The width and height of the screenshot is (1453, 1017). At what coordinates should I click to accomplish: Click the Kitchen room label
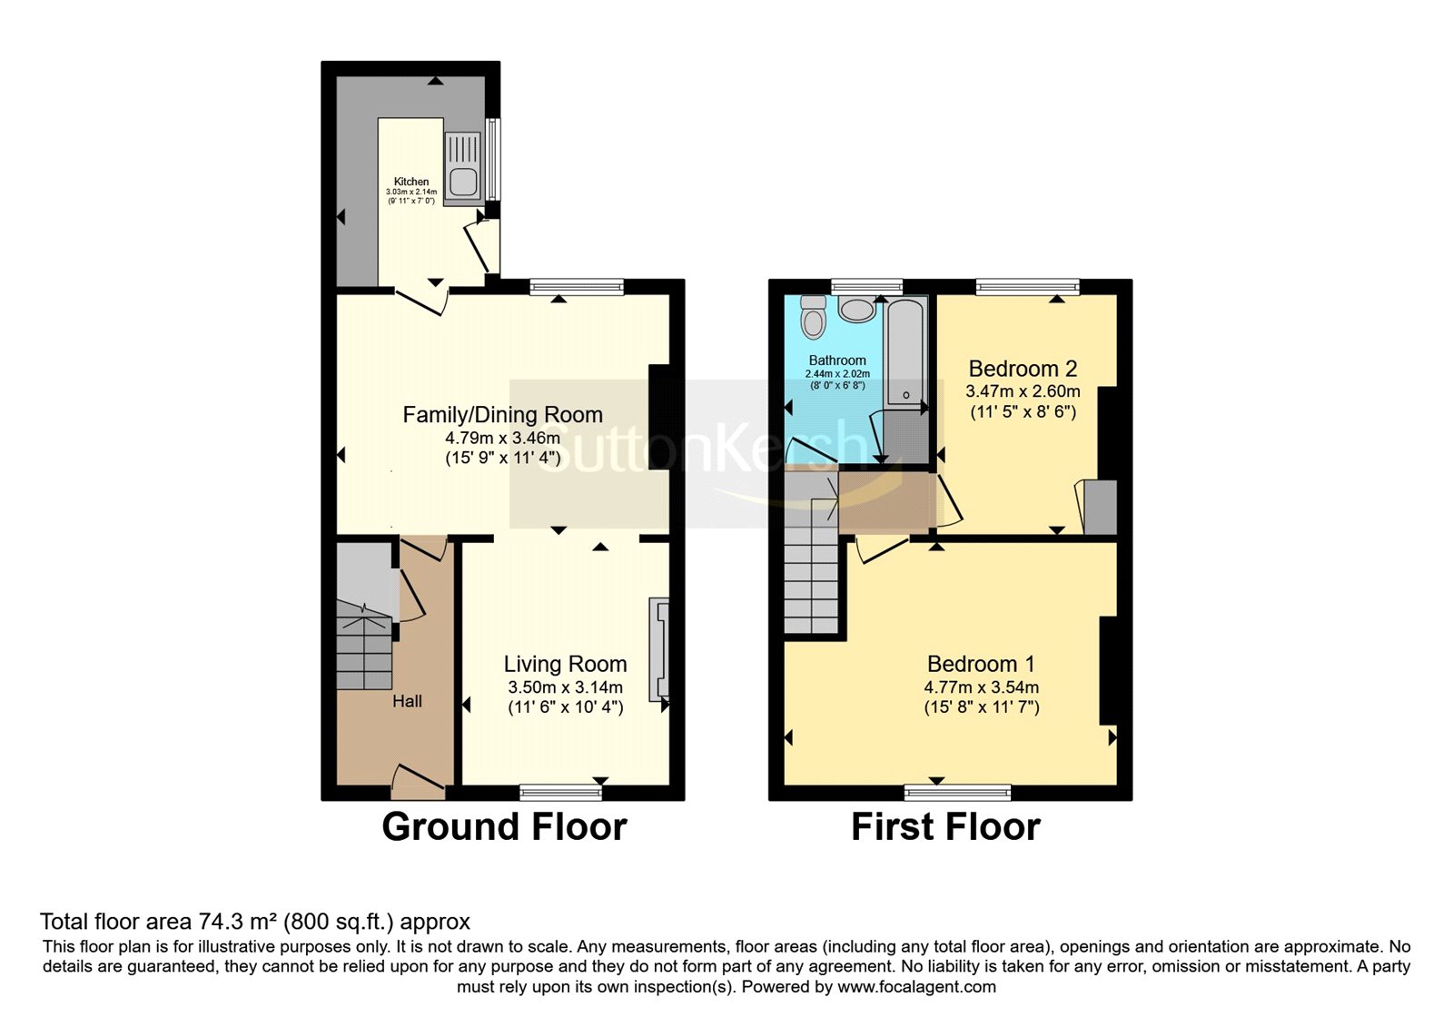click(x=411, y=182)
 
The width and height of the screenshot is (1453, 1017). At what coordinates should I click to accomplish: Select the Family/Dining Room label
click(x=502, y=415)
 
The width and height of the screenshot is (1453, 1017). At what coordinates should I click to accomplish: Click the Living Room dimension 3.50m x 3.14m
click(x=565, y=687)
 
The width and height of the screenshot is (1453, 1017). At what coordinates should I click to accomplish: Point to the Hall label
click(x=407, y=701)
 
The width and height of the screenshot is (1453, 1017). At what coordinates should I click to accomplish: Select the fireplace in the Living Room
click(x=658, y=648)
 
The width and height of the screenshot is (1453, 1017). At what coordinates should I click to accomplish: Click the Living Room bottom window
click(x=560, y=792)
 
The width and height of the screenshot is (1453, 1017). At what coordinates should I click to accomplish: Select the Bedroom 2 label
click(x=1023, y=369)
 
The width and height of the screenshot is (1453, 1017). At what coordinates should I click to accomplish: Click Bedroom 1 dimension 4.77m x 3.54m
click(x=981, y=687)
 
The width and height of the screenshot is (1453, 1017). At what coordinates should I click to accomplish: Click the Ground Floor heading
click(x=504, y=827)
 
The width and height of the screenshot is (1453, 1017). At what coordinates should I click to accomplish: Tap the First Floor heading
click(x=945, y=827)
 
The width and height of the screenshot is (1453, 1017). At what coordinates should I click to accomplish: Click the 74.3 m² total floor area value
click(x=238, y=923)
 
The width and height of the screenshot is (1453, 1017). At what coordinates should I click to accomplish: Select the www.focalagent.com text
click(x=916, y=986)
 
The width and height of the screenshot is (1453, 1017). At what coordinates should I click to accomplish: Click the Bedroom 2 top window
click(x=1027, y=287)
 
